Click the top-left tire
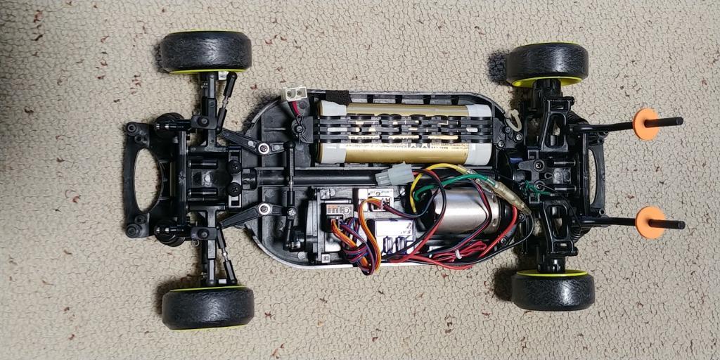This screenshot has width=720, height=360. [x=205, y=51]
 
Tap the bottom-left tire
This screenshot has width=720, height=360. [x=207, y=307]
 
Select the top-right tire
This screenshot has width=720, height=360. [x=546, y=63]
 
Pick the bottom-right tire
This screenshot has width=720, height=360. [x=553, y=290]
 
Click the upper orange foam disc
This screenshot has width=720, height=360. [x=645, y=124]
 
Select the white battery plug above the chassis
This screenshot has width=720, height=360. [x=294, y=93]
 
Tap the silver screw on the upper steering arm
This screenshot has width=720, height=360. [x=263, y=148]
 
